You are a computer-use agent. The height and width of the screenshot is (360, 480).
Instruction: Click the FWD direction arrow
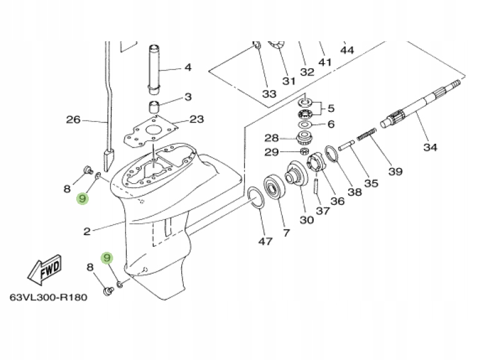pyautogui.click(x=44, y=269)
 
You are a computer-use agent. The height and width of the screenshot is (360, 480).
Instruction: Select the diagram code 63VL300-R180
pyautogui.click(x=48, y=297)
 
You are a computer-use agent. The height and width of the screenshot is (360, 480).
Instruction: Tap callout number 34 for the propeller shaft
pyautogui.click(x=430, y=147)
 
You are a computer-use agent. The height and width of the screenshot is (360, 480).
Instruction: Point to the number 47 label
pyautogui.click(x=266, y=241)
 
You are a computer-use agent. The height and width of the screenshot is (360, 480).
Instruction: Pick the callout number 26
pyautogui.click(x=74, y=119)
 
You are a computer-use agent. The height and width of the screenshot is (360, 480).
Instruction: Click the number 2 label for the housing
pyautogui.click(x=87, y=231)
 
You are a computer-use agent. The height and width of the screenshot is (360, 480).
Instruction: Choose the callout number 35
pyautogui.click(x=371, y=183)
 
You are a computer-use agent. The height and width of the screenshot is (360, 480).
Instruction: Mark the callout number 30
pyautogui.click(x=306, y=220)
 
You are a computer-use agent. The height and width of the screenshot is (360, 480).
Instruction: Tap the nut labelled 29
pyautogui.click(x=302, y=151)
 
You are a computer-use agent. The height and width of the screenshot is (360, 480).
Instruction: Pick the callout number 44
pyautogui.click(x=347, y=49)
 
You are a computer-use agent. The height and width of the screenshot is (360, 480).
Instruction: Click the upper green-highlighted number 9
pyautogui.click(x=82, y=199)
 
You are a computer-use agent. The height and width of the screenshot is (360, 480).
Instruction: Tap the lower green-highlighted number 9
pyautogui.click(x=107, y=257)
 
